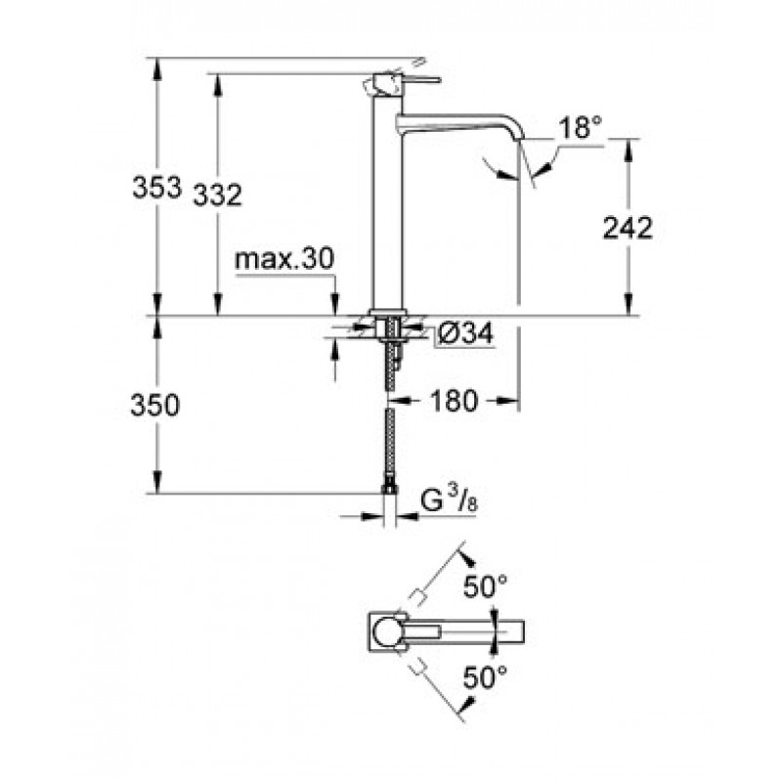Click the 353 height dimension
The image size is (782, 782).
tap(156, 188)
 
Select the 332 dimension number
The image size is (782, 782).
tap(217, 195)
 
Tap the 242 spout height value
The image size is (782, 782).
tap(628, 228)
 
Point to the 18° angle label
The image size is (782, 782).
tap(580, 127)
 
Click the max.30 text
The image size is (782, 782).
tap(284, 259)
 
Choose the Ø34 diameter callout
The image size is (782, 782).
tap(465, 332)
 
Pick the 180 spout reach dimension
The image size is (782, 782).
tap(454, 400)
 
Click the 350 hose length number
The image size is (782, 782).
tap(154, 405)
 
